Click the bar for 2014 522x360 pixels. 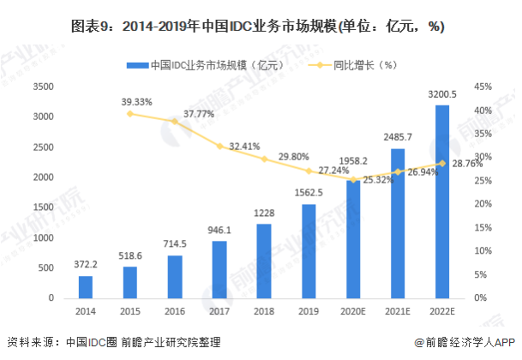(86, 286)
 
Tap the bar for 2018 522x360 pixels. (266, 261)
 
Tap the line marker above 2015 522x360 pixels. (130, 113)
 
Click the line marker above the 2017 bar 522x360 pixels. (220, 147)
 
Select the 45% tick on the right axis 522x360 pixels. (483, 87)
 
